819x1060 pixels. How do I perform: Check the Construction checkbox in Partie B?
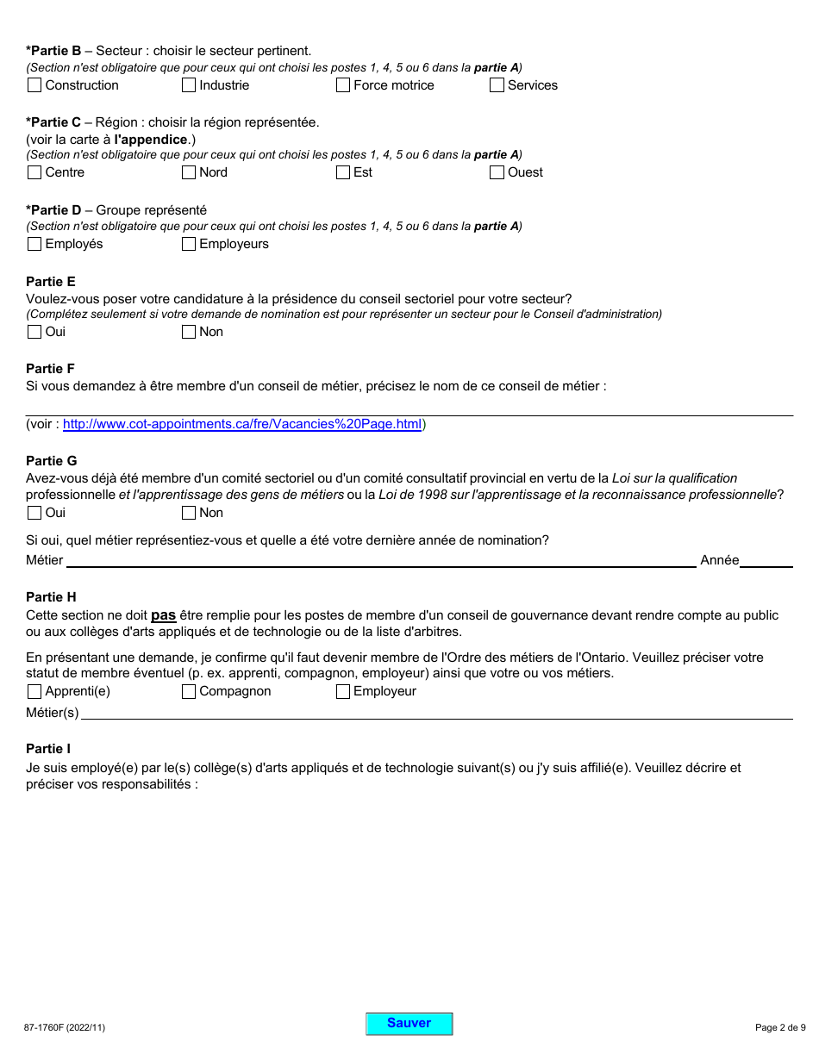(34, 85)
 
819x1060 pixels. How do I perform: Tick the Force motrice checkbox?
(343, 85)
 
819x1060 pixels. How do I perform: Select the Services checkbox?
(497, 85)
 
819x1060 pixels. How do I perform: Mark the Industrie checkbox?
(189, 85)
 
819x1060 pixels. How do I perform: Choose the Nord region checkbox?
(189, 172)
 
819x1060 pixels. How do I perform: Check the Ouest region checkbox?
(497, 172)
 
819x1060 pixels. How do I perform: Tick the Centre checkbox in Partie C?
(34, 172)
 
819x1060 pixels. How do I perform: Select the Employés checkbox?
(34, 244)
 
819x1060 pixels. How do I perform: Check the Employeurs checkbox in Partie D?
(189, 244)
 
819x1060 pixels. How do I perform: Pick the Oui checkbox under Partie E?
(34, 332)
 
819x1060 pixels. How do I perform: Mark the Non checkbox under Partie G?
(189, 513)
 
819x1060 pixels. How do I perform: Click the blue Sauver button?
(409, 1024)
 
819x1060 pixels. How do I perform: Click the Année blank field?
(766, 559)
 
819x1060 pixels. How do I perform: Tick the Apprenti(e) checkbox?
(34, 691)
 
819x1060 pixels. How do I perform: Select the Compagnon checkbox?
(189, 691)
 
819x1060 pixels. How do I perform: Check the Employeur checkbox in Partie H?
(343, 691)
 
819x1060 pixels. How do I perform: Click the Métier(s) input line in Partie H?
(435, 712)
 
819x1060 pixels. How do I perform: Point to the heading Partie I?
(48, 749)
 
